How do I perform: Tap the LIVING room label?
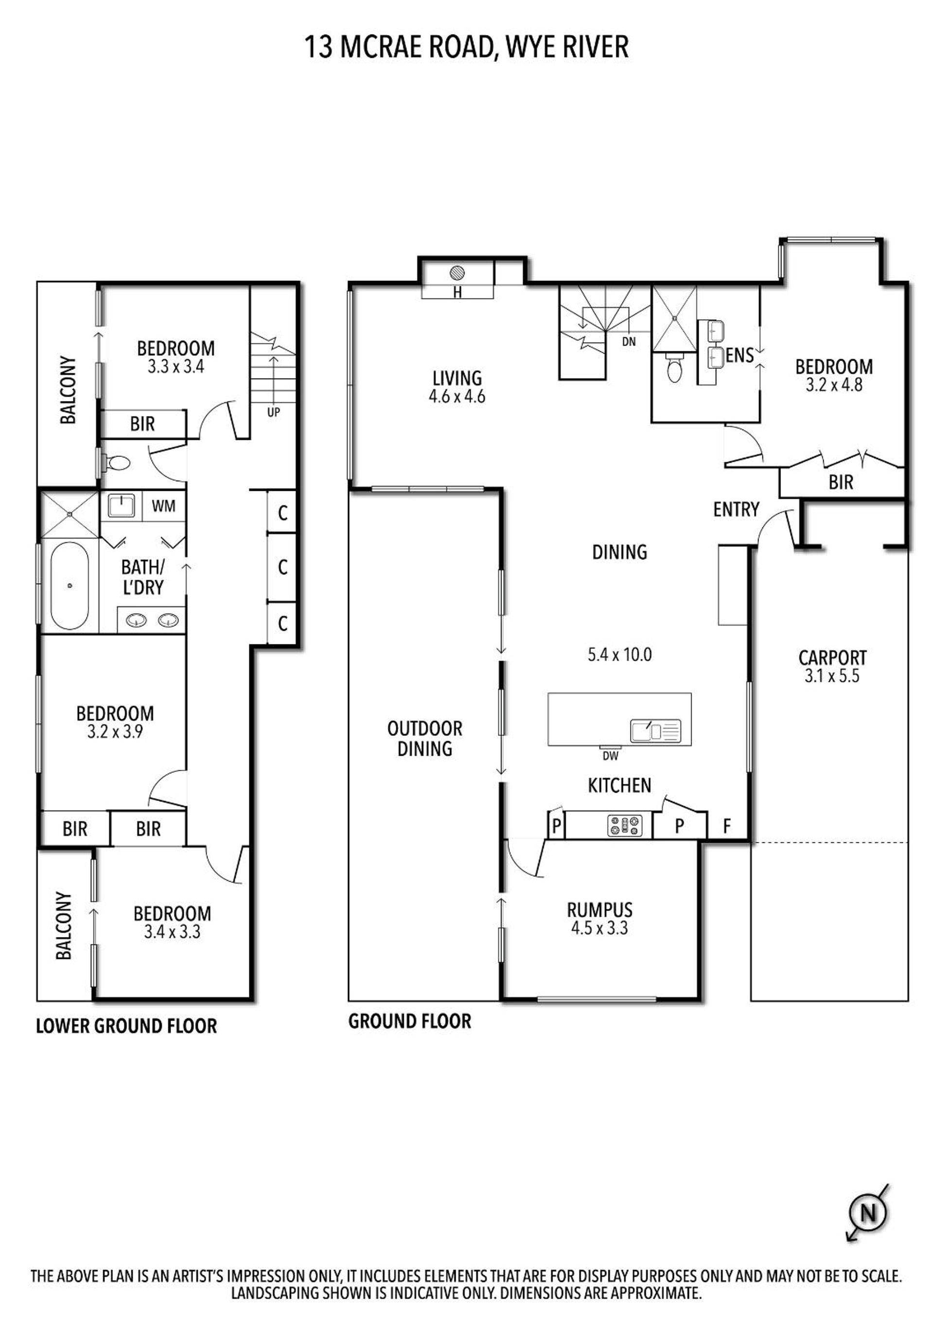(458, 378)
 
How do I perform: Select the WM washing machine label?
(163, 506)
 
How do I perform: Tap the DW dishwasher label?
(610, 756)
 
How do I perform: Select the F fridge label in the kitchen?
(726, 826)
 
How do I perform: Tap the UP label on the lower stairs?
(274, 412)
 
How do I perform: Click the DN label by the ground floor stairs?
(629, 342)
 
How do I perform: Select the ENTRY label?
(736, 509)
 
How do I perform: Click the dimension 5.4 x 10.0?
(619, 655)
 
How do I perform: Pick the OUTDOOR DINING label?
(425, 738)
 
